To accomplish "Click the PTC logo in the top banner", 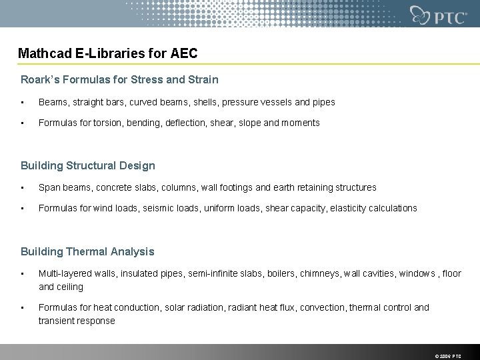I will pos(438,15).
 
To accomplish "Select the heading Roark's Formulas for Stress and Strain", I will pos(119,79).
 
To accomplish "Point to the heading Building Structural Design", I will pos(87,165).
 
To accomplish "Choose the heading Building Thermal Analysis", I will pos(87,251).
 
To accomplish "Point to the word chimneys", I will pos(321,273).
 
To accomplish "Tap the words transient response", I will pos(77,321).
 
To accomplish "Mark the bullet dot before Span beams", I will pos(23,187).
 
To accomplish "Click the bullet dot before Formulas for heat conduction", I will pos(23,307).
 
